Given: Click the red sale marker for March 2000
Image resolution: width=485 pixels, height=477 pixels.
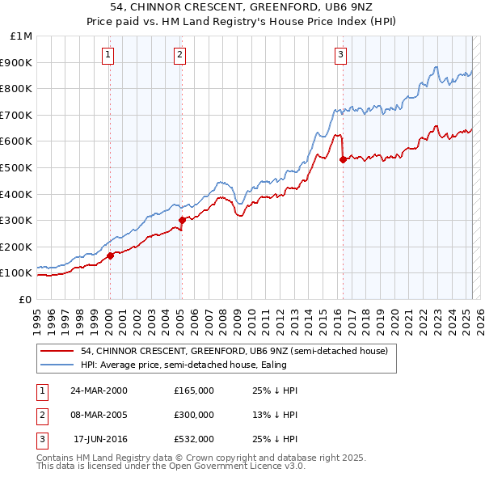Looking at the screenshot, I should [x=110, y=255].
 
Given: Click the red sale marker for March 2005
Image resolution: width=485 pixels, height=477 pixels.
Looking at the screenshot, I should [x=182, y=220].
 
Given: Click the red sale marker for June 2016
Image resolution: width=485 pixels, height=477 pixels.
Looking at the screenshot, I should [x=343, y=159].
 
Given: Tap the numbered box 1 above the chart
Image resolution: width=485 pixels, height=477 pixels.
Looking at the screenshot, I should [x=108, y=55].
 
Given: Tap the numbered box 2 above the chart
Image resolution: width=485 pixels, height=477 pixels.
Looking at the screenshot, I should [x=179, y=55].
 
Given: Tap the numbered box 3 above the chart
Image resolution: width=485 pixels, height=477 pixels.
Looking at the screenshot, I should [x=340, y=55].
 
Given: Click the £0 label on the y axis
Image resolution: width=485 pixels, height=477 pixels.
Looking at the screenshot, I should [x=25, y=299].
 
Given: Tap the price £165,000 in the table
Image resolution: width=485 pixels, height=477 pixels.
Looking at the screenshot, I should [x=194, y=390].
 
